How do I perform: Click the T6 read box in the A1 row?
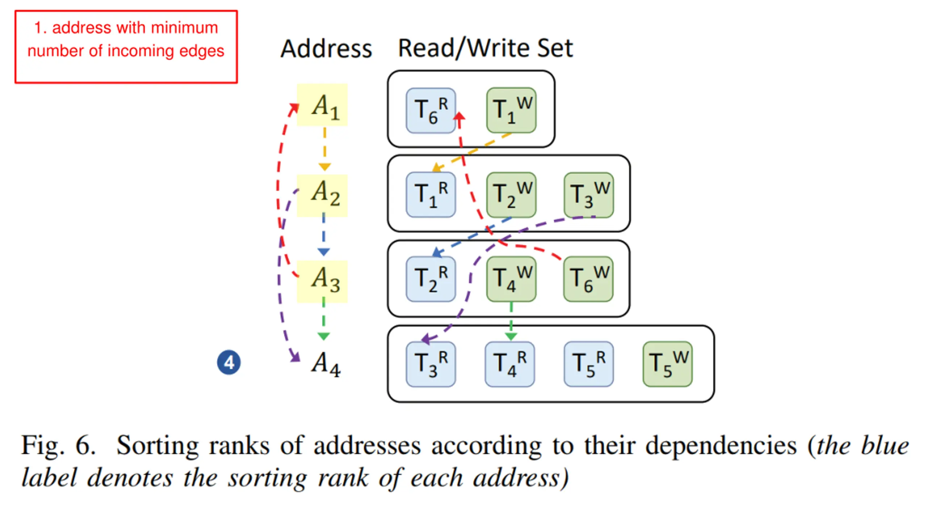(431, 111)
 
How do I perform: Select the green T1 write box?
(511, 110)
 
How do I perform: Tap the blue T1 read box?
(431, 195)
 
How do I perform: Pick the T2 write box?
(511, 195)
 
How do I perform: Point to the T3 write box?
(589, 195)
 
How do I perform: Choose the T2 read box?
(431, 279)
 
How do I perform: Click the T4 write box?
(511, 279)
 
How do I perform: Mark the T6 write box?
(588, 279)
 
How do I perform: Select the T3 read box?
(431, 364)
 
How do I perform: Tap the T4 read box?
(510, 364)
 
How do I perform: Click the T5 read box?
(589, 364)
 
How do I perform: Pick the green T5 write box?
(668, 364)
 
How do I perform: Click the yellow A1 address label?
(322, 105)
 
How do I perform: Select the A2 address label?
(322, 196)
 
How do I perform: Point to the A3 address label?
(322, 281)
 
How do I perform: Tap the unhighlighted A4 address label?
(326, 364)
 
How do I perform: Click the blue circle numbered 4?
(229, 362)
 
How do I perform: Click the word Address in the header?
(326, 49)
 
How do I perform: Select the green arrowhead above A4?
(324, 336)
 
